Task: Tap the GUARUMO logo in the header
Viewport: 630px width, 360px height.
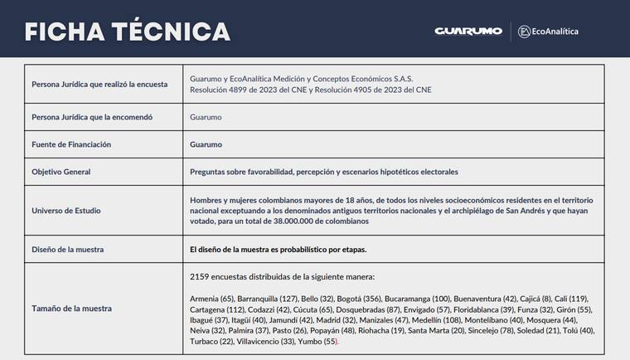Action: tap(468, 31)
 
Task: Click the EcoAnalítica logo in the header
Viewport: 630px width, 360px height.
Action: tap(548, 32)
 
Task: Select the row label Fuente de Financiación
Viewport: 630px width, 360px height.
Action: tap(71, 144)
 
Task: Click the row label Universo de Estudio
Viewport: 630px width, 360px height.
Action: tap(66, 211)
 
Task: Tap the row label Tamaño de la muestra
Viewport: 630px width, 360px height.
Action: tap(71, 309)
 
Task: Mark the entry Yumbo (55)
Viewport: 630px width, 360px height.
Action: tap(318, 342)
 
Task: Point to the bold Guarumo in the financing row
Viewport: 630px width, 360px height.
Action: tap(206, 144)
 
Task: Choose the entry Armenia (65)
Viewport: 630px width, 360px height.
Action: tap(211, 299)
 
